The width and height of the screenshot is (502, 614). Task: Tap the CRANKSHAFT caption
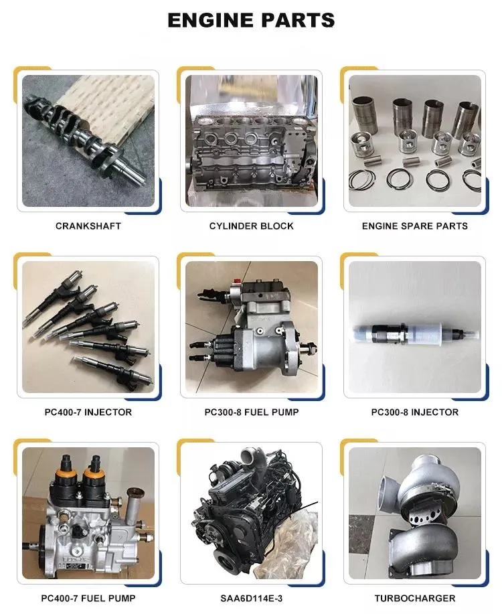(88, 226)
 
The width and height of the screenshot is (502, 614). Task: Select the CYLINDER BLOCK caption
(251, 226)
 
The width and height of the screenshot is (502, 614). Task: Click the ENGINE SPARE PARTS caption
(414, 226)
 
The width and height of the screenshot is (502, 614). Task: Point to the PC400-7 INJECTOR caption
(88, 412)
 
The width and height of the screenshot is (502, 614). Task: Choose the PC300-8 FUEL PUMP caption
(251, 412)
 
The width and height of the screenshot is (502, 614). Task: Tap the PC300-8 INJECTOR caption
(414, 412)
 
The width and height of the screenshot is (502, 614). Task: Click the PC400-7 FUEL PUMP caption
(88, 599)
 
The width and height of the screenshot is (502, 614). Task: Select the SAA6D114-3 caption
(251, 599)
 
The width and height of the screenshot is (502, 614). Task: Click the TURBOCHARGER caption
(414, 599)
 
